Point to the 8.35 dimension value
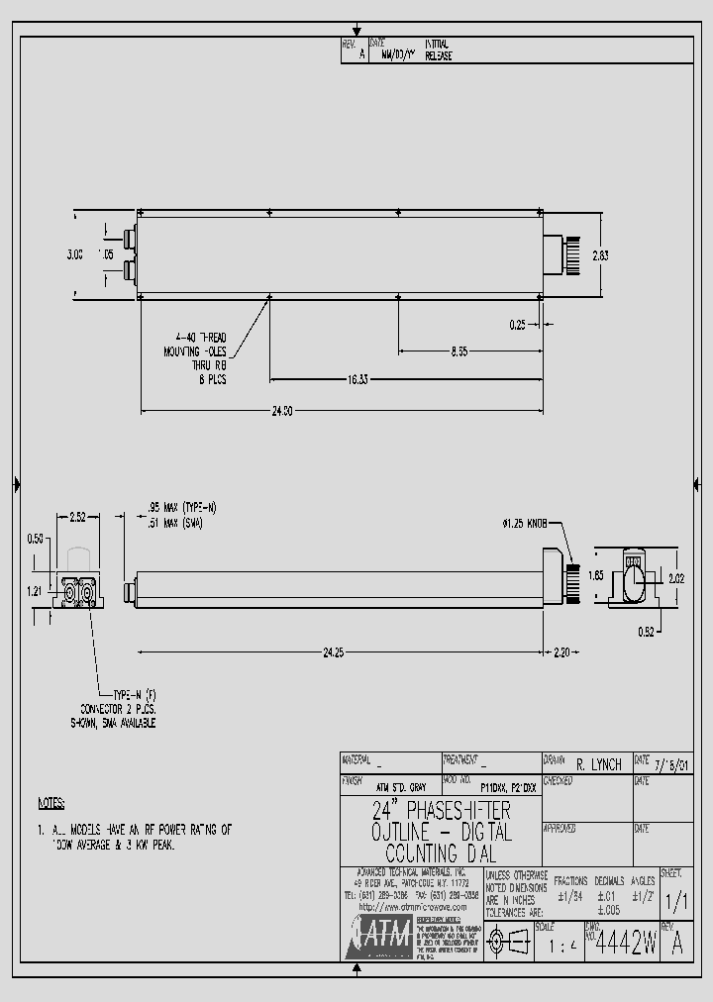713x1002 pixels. click(x=458, y=351)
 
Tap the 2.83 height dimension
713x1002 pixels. click(x=601, y=254)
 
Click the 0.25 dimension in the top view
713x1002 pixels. click(x=517, y=324)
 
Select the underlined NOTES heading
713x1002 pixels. click(x=51, y=803)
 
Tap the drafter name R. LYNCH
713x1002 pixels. click(x=598, y=764)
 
